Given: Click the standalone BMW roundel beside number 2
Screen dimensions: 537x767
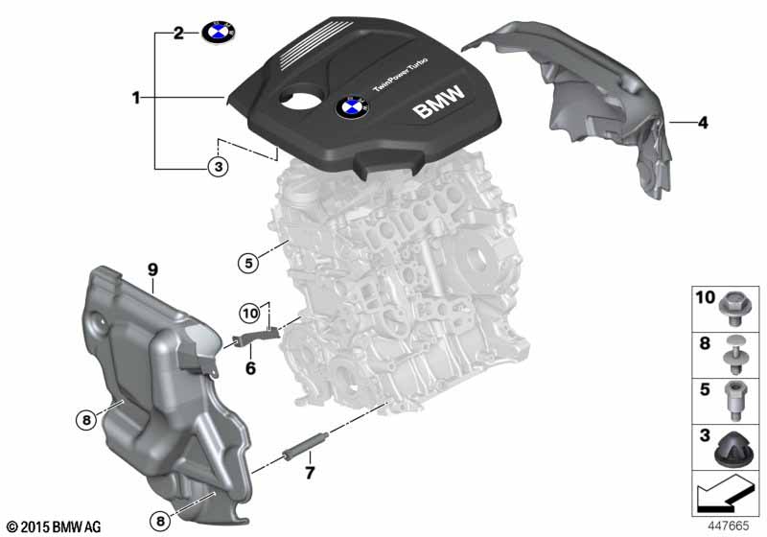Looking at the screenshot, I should click(217, 33).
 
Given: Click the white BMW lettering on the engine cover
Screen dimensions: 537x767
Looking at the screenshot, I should click(439, 104).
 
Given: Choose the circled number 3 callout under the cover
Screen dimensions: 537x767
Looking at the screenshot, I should click(219, 168).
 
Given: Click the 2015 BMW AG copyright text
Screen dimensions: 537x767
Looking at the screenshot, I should click(53, 526).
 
